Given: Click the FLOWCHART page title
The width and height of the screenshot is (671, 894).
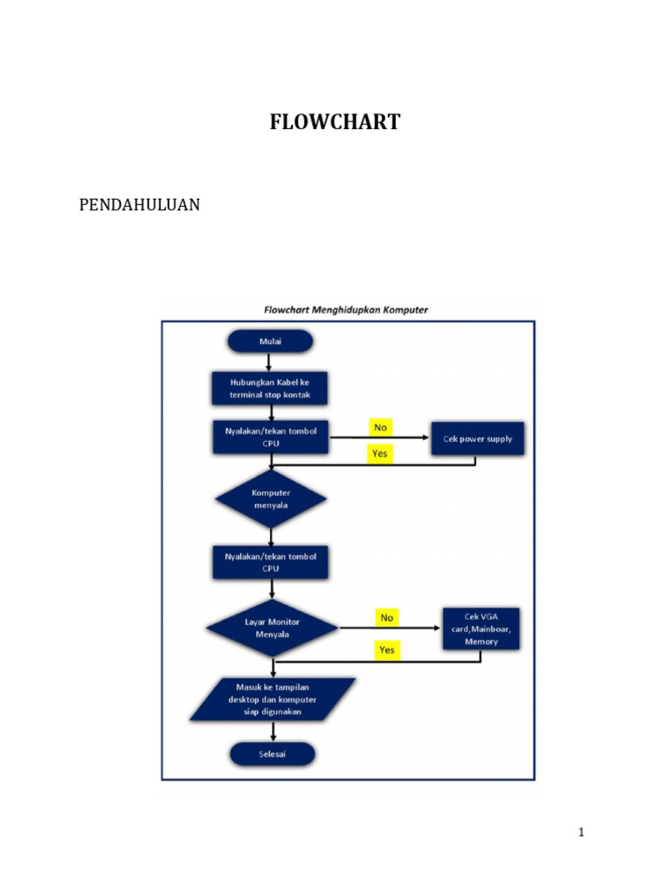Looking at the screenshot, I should pyautogui.click(x=335, y=122).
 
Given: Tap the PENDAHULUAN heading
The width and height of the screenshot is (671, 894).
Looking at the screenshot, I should pyautogui.click(x=140, y=205).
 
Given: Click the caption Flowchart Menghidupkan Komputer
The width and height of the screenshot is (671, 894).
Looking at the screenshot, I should pyautogui.click(x=347, y=309).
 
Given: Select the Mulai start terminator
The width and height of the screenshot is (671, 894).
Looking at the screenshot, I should pyautogui.click(x=270, y=340).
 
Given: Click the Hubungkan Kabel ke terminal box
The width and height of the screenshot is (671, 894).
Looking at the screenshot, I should pyautogui.click(x=270, y=389).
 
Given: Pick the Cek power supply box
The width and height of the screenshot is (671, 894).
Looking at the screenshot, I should pyautogui.click(x=477, y=438).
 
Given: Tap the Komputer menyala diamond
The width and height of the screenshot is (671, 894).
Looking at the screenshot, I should pyautogui.click(x=270, y=499).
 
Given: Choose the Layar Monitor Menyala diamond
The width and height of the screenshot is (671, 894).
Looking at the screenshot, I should pyautogui.click(x=272, y=628).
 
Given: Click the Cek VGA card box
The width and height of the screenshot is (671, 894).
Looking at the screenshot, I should pyautogui.click(x=481, y=628).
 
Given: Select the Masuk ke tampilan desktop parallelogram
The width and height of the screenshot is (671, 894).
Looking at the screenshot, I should pyautogui.click(x=273, y=699).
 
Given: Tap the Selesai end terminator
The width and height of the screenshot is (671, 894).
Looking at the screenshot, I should pyautogui.click(x=272, y=753).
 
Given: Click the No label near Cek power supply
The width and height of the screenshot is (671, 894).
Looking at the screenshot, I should pyautogui.click(x=380, y=427).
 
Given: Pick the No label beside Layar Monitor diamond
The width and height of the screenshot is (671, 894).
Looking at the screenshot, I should pyautogui.click(x=387, y=617).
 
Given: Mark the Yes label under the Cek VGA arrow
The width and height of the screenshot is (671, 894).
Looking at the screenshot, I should pyautogui.click(x=387, y=650).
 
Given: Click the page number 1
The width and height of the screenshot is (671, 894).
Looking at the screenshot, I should pyautogui.click(x=581, y=832).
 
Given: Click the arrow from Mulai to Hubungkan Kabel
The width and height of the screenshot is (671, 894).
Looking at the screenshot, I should pyautogui.click(x=270, y=361).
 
